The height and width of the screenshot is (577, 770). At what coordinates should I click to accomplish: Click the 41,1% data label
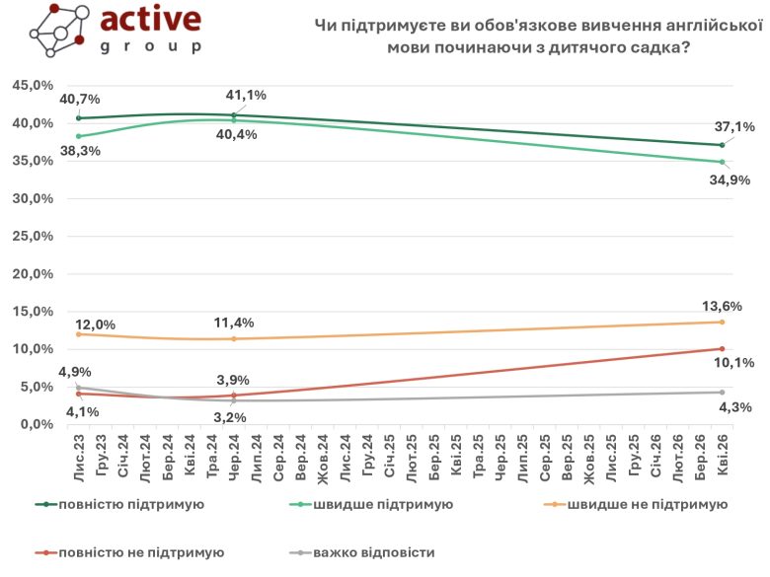(x=246, y=95)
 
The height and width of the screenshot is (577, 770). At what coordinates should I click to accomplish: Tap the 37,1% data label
(x=733, y=127)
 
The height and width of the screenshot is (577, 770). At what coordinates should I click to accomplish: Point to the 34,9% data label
(x=732, y=180)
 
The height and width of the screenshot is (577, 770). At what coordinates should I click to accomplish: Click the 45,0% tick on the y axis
(x=32, y=85)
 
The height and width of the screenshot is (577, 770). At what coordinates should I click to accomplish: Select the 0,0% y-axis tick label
(x=36, y=424)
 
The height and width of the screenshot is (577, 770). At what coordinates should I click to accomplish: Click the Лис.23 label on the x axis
(x=78, y=455)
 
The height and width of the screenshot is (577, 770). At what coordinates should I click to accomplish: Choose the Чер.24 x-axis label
(x=233, y=455)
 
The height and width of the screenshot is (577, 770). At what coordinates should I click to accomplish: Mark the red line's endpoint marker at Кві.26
(x=722, y=348)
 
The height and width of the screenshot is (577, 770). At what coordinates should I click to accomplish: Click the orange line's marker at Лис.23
(x=79, y=333)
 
